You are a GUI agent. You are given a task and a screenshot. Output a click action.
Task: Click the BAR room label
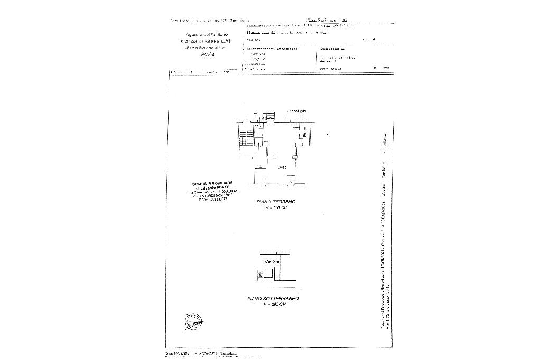(282, 167)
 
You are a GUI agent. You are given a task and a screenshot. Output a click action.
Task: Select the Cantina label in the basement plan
(272, 262)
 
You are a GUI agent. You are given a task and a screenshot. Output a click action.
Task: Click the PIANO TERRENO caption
(276, 202)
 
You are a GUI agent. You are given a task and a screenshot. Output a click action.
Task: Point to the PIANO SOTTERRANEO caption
(273, 299)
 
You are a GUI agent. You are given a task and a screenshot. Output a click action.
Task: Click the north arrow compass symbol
(194, 320)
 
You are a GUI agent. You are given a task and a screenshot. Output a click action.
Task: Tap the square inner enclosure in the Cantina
(269, 274)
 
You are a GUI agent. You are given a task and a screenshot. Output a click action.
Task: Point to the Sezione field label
(258, 54)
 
